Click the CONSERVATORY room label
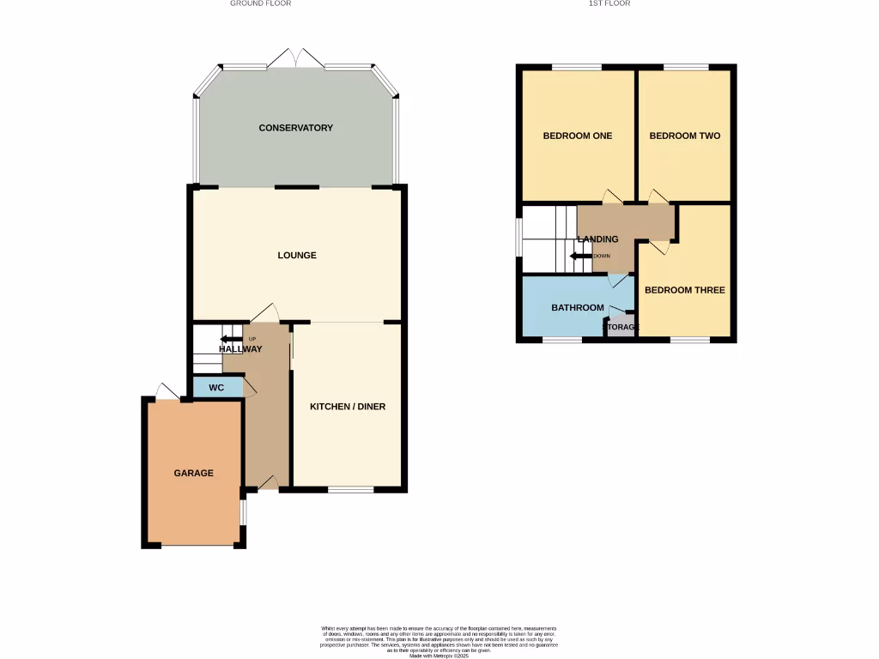click(295, 128)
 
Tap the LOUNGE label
click(297, 255)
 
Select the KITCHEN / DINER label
click(347, 406)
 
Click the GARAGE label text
click(193, 473)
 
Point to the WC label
click(216, 388)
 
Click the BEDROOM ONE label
click(577, 136)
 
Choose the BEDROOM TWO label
click(684, 136)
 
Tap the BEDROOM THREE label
click(684, 290)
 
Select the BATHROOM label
click(577, 307)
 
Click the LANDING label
click(597, 239)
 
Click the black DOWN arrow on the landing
click(581, 256)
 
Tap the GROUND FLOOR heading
click(260, 3)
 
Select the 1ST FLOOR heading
click(609, 3)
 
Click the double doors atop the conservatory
click(294, 59)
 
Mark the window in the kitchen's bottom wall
click(350, 490)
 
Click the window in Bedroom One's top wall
click(576, 67)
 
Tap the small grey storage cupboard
click(621, 327)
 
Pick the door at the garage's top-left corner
click(167, 392)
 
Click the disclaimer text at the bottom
click(439, 641)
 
